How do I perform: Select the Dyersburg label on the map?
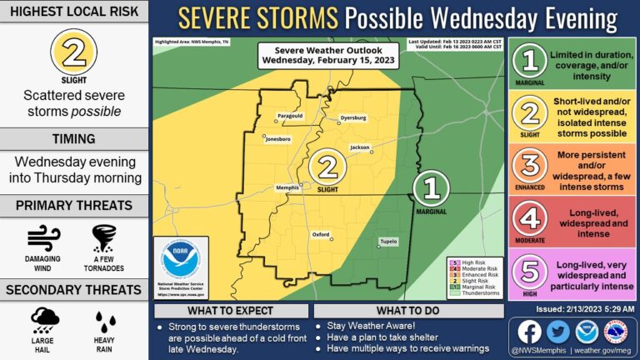coord(352,118)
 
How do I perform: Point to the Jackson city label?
coord(359,147)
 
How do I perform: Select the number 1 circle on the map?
coord(432,187)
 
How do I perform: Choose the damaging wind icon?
coord(43,238)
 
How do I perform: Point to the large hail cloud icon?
coord(43,321)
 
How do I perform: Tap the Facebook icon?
coord(530,332)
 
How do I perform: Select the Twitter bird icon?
coord(558,332)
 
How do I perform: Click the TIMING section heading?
coord(74,139)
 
